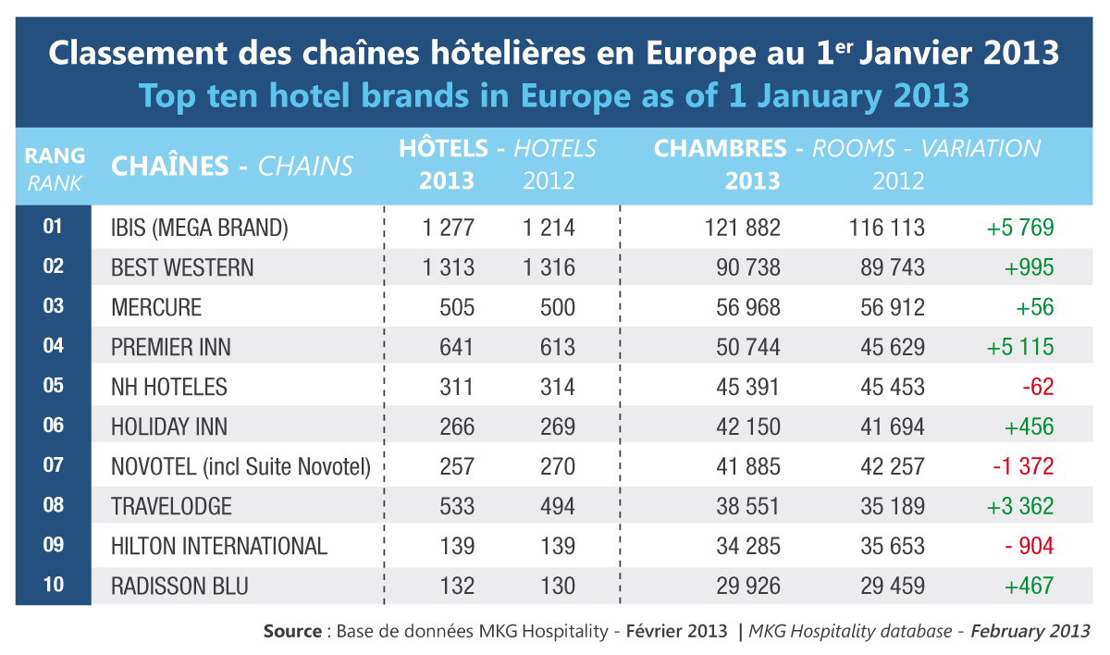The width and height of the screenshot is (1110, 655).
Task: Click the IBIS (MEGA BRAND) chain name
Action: (199, 229)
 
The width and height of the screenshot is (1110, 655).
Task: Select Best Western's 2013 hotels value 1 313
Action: (448, 268)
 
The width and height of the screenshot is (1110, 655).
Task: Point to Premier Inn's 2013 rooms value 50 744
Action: (748, 348)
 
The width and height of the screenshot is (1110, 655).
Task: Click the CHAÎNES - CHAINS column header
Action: (232, 167)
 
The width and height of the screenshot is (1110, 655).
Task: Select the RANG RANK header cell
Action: (55, 169)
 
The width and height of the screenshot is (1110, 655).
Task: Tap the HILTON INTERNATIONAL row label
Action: (218, 546)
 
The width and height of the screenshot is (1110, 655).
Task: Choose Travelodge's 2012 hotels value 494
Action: (557, 507)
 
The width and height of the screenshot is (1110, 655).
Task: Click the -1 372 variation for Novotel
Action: (1022, 467)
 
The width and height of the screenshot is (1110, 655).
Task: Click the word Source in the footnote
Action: (291, 632)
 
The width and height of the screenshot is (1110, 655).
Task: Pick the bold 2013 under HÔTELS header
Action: (447, 180)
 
